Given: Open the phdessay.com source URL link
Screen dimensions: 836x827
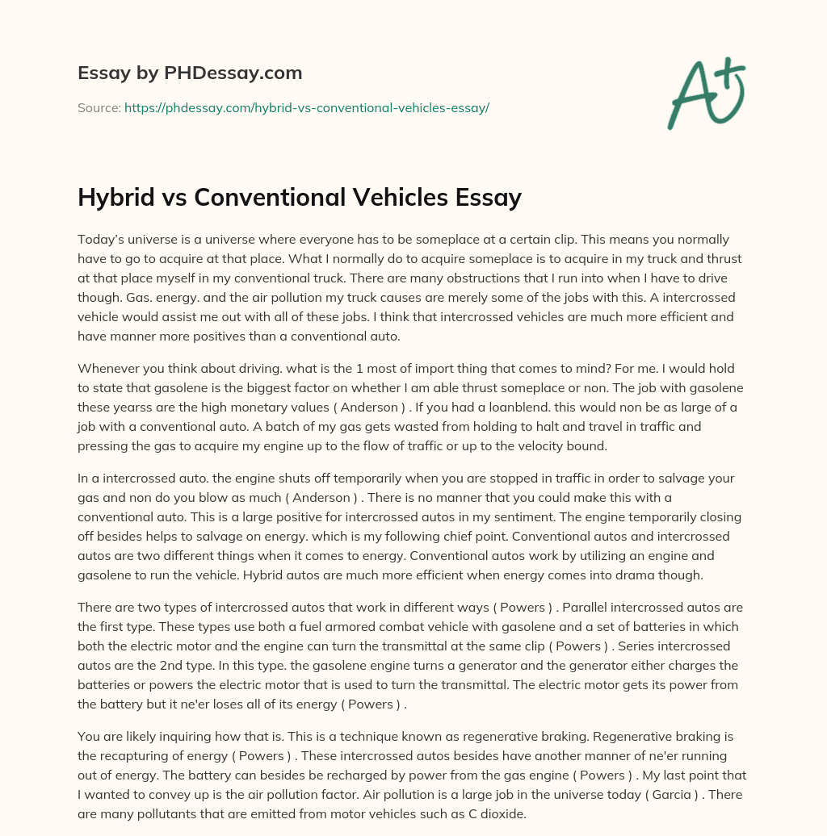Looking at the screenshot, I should tap(306, 107).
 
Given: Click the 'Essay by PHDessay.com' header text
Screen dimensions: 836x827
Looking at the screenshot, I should tap(190, 73).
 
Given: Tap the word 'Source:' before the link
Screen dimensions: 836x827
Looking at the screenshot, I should tap(99, 107).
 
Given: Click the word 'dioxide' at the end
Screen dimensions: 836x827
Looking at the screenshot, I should tap(502, 815).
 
